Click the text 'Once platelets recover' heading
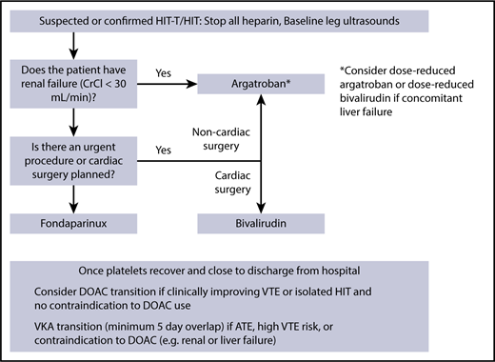[x=168, y=267]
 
